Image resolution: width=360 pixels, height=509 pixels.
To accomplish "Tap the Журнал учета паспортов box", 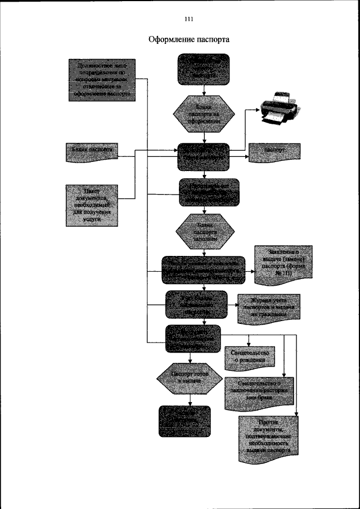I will (268, 308).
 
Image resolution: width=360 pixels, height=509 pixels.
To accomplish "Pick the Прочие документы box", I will (268, 438).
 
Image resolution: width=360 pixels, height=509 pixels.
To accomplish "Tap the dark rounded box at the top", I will (204, 70).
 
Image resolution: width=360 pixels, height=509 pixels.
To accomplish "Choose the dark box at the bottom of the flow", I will (184, 421).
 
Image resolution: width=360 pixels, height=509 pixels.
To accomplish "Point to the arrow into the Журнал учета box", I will (232, 307).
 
